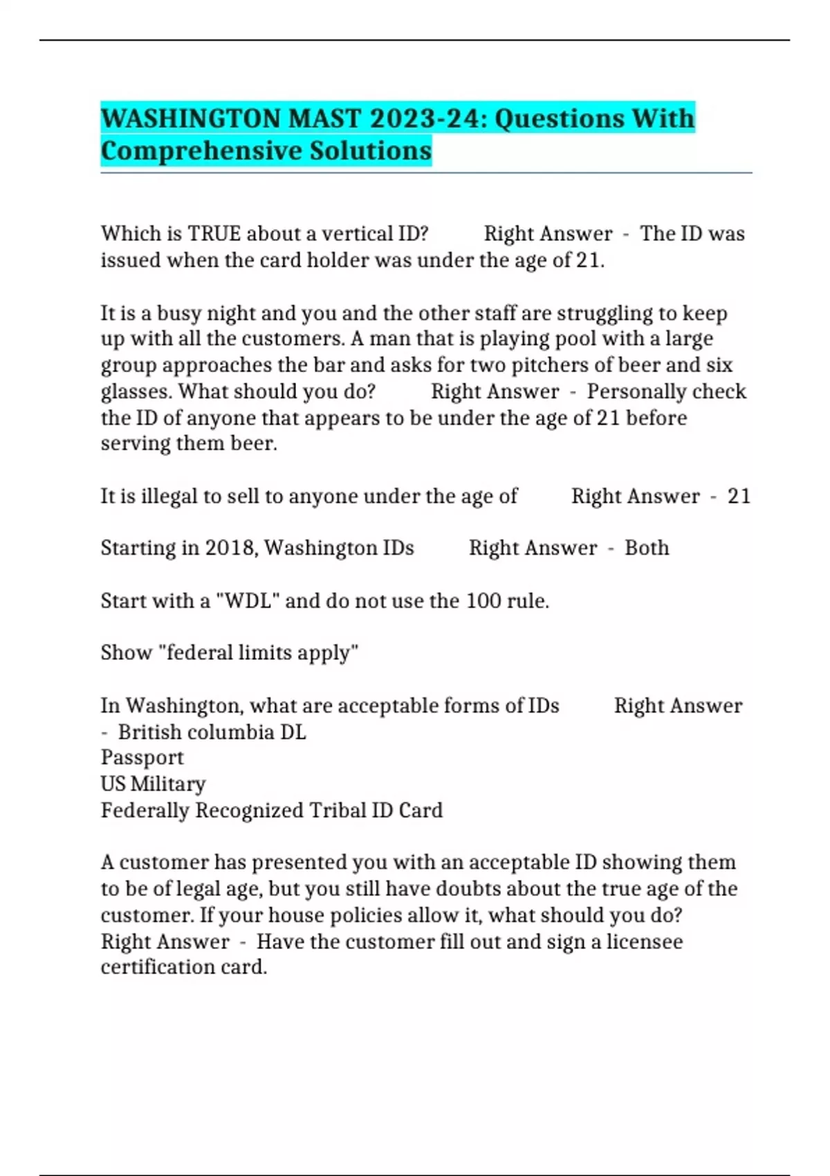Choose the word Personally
click(636, 392)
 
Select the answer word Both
click(647, 548)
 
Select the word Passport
click(142, 757)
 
